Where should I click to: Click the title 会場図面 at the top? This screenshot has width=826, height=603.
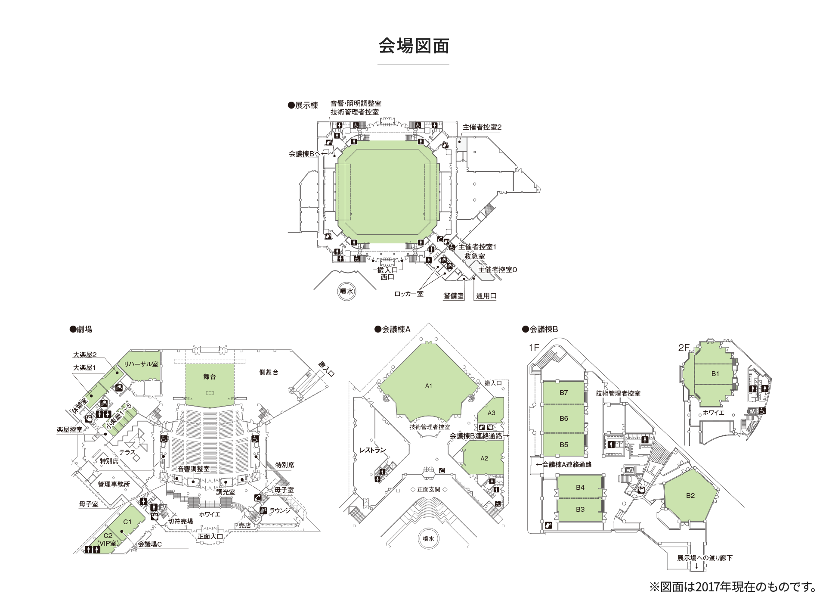414,46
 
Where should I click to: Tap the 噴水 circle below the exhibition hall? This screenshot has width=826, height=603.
346,292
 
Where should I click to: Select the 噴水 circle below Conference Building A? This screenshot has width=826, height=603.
428,538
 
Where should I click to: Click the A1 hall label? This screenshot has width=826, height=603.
428,386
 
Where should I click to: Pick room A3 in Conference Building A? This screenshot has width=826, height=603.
491,413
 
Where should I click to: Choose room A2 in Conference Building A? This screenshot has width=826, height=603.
484,459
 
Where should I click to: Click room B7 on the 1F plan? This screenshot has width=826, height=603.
563,393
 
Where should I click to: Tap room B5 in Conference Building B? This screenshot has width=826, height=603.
563,445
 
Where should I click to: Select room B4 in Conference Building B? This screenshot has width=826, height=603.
580,488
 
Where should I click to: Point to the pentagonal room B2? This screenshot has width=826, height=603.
690,496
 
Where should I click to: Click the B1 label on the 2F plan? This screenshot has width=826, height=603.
715,374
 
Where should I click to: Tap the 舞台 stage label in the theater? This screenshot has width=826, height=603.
210,377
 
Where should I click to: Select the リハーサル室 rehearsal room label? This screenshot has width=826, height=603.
141,364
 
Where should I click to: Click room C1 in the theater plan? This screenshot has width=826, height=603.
127,522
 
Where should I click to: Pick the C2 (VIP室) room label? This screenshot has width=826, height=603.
108,540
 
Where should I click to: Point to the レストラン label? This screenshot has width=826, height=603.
372,450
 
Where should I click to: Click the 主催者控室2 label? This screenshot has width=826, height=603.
482,127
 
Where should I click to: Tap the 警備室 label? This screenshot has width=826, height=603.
454,296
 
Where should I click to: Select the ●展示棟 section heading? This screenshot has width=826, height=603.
303,106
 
